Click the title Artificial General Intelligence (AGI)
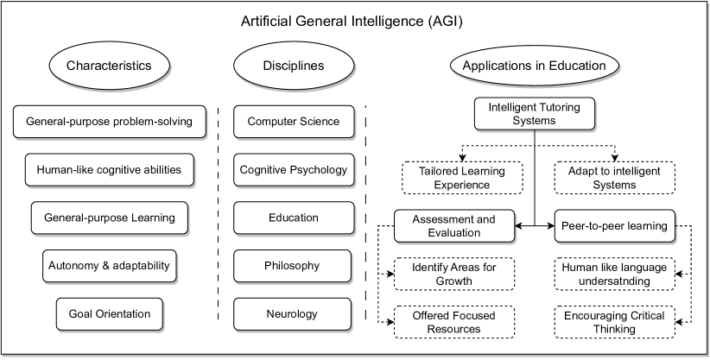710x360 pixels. (355, 21)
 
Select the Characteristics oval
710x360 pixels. (109, 66)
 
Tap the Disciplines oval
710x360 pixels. (293, 66)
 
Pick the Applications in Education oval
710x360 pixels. (534, 66)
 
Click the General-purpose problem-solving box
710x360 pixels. (115, 121)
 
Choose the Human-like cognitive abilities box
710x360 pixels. (115, 169)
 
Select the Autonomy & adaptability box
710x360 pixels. (109, 265)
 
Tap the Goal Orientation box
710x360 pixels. (109, 313)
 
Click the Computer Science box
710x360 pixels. (293, 121)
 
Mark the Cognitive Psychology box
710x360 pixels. (293, 169)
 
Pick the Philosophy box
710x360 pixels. (293, 265)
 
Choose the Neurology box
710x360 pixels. (293, 313)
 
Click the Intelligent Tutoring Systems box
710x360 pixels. (534, 114)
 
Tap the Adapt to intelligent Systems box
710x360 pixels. (614, 178)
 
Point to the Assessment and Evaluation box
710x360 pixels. (455, 226)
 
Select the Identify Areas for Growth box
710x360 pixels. (455, 274)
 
